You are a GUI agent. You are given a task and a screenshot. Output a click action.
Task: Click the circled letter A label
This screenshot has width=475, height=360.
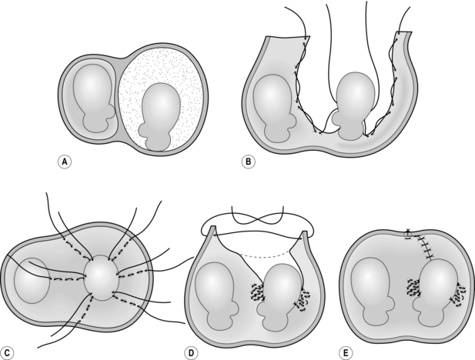64,162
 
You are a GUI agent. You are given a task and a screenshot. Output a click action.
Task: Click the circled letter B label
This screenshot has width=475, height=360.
248,162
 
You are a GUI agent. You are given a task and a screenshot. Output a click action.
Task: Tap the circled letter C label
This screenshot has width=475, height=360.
7,353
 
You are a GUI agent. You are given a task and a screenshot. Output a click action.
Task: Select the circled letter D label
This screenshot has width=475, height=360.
191,353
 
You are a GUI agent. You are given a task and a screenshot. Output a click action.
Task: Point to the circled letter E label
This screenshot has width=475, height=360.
346,353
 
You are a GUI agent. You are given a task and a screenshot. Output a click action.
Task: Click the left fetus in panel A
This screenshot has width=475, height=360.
92,98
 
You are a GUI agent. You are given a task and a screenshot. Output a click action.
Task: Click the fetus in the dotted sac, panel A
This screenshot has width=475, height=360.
159,117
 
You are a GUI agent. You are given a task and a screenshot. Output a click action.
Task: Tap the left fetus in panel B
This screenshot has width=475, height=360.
273,108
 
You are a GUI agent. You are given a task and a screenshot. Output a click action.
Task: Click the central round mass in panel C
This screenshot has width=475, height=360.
102,278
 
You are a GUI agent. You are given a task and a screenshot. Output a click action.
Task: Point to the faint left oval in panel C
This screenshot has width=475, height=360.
32,281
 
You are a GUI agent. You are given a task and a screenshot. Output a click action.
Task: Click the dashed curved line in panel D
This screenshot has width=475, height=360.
264,257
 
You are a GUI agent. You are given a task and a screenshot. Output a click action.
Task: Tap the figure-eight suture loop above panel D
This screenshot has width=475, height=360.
257,215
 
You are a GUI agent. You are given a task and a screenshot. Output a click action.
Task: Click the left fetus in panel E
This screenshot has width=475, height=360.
373,292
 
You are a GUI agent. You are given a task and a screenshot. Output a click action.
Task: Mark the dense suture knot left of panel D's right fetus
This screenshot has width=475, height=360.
258,292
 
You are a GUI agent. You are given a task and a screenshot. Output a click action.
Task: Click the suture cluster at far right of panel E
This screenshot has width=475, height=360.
458,295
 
